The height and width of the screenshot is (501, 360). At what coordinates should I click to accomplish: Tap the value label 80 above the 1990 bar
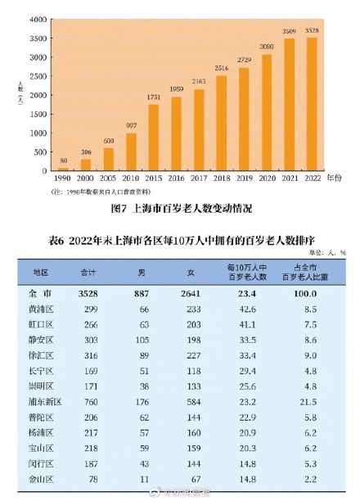point(63,161)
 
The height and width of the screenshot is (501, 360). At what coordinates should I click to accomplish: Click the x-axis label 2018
point(222,177)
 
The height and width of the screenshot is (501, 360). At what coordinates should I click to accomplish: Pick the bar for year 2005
point(109,159)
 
